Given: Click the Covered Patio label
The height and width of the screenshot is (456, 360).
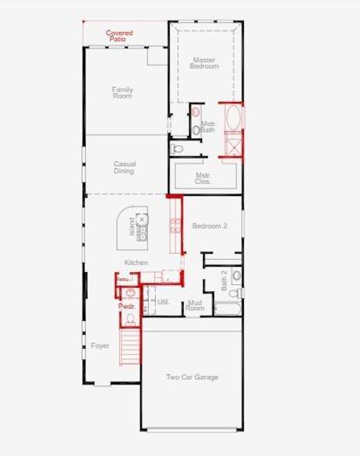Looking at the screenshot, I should [x=119, y=35].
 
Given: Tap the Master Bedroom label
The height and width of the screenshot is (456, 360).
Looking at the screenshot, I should [x=204, y=62].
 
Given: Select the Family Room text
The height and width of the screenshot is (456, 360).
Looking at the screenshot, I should [x=122, y=93].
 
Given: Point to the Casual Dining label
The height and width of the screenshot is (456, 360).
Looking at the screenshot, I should [x=124, y=167].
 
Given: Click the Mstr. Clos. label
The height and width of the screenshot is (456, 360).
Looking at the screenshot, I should [x=204, y=179].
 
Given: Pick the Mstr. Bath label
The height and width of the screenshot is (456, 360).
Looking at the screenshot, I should [x=208, y=127].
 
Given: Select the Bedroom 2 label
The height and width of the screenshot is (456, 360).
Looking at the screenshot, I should [x=210, y=226].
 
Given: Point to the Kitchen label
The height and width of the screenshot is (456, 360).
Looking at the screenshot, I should [x=136, y=263].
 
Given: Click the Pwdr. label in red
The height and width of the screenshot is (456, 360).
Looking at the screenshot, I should [x=126, y=306].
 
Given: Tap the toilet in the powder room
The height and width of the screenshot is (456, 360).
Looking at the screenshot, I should [x=130, y=293].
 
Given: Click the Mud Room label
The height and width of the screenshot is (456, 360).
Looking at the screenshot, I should [x=195, y=306].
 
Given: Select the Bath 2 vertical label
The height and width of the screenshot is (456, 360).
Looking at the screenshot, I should [x=225, y=283].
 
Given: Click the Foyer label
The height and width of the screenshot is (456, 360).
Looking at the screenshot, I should [x=100, y=346].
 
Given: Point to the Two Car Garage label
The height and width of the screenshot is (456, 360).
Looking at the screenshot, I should [x=192, y=378].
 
